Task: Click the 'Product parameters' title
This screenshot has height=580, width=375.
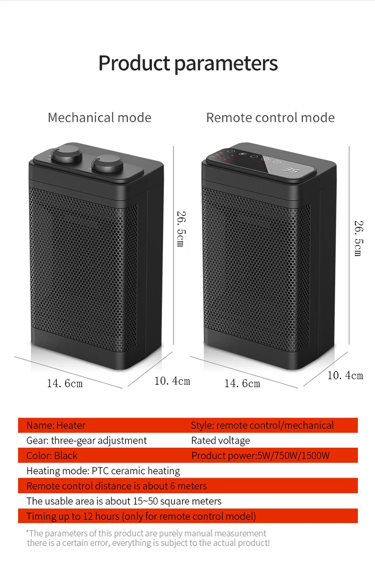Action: (187, 63)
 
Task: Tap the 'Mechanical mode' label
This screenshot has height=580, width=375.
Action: (99, 118)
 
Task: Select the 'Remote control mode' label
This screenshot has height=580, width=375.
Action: (270, 118)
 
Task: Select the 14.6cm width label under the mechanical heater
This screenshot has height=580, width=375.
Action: (65, 384)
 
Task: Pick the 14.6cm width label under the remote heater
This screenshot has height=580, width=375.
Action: (242, 384)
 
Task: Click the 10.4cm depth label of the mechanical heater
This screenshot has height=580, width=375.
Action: (172, 381)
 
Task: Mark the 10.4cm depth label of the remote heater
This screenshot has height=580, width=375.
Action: (345, 376)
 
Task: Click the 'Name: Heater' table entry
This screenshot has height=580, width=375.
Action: (56, 426)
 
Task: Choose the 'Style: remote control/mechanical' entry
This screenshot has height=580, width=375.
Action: (262, 426)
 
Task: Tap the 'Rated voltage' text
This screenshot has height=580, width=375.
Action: (220, 441)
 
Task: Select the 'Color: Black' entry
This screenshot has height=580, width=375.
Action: (52, 456)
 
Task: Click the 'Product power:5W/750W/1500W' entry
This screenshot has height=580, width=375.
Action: (260, 456)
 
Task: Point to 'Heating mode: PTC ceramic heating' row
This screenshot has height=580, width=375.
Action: (103, 471)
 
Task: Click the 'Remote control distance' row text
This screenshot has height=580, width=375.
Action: (116, 486)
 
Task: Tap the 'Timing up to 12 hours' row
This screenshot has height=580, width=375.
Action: (141, 516)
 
